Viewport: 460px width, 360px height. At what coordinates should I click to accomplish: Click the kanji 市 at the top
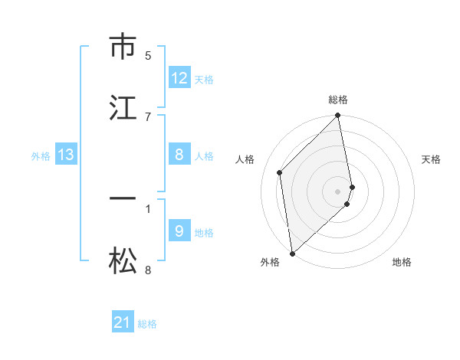tap(123, 47)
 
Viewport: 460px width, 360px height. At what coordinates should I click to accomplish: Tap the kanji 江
tap(123, 107)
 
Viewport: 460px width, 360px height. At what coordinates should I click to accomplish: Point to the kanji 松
tap(123, 261)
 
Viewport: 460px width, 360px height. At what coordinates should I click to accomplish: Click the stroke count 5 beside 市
tap(148, 55)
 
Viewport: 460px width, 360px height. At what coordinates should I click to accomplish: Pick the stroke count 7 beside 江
tap(148, 116)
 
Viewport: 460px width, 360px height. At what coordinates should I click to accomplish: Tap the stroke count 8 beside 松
tap(148, 270)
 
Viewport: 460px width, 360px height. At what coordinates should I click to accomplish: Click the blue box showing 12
tap(179, 78)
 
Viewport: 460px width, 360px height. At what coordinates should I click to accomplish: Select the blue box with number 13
tap(66, 155)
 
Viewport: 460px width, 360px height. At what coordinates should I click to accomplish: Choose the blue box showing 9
tap(179, 231)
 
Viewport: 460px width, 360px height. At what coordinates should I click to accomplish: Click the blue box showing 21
tap(123, 322)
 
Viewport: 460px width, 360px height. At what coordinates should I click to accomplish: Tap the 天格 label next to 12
tap(204, 79)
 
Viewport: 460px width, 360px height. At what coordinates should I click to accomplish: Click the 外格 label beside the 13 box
tap(41, 155)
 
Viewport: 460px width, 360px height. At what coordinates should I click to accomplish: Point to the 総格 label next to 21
tap(147, 323)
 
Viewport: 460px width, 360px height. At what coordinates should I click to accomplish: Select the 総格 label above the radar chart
tap(338, 100)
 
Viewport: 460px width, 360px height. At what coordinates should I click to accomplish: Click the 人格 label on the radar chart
tap(245, 159)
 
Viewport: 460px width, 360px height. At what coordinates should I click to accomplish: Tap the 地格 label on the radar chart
tap(402, 262)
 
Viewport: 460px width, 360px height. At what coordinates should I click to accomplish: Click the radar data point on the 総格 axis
tap(338, 116)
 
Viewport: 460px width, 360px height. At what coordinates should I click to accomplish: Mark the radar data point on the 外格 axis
tap(292, 253)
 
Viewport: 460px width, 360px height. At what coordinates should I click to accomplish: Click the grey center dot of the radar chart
tap(338, 190)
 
